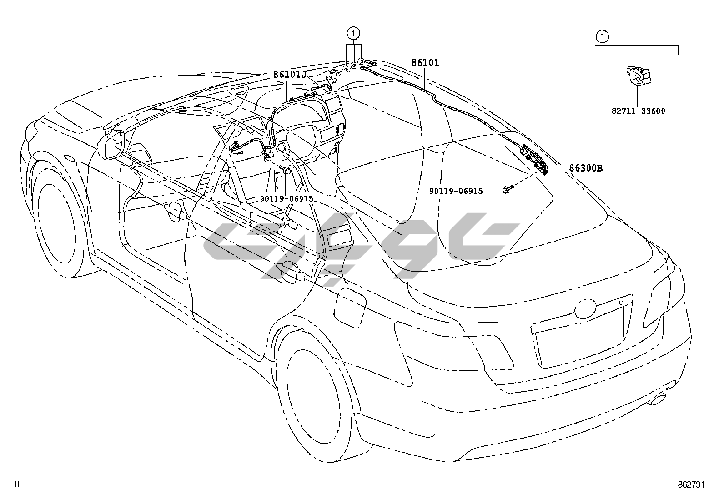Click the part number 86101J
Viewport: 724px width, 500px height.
(290, 74)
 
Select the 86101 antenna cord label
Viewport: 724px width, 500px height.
(425, 62)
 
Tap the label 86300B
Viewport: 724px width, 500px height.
(586, 168)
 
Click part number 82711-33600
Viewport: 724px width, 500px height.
(638, 111)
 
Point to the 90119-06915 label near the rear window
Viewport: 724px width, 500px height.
(456, 191)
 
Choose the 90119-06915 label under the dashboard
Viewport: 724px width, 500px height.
(287, 198)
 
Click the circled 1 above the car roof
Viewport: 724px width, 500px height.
(354, 33)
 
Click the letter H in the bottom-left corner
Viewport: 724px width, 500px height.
(18, 485)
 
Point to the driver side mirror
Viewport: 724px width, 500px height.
(115, 145)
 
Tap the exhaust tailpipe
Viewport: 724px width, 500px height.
(658, 400)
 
